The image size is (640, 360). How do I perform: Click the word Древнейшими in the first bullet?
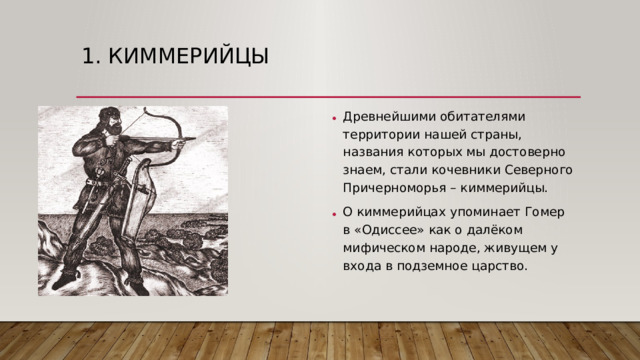(x=385, y=115)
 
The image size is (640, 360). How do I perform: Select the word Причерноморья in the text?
(x=390, y=187)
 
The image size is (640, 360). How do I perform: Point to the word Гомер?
(x=545, y=212)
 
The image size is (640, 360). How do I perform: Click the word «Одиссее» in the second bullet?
(x=390, y=230)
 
